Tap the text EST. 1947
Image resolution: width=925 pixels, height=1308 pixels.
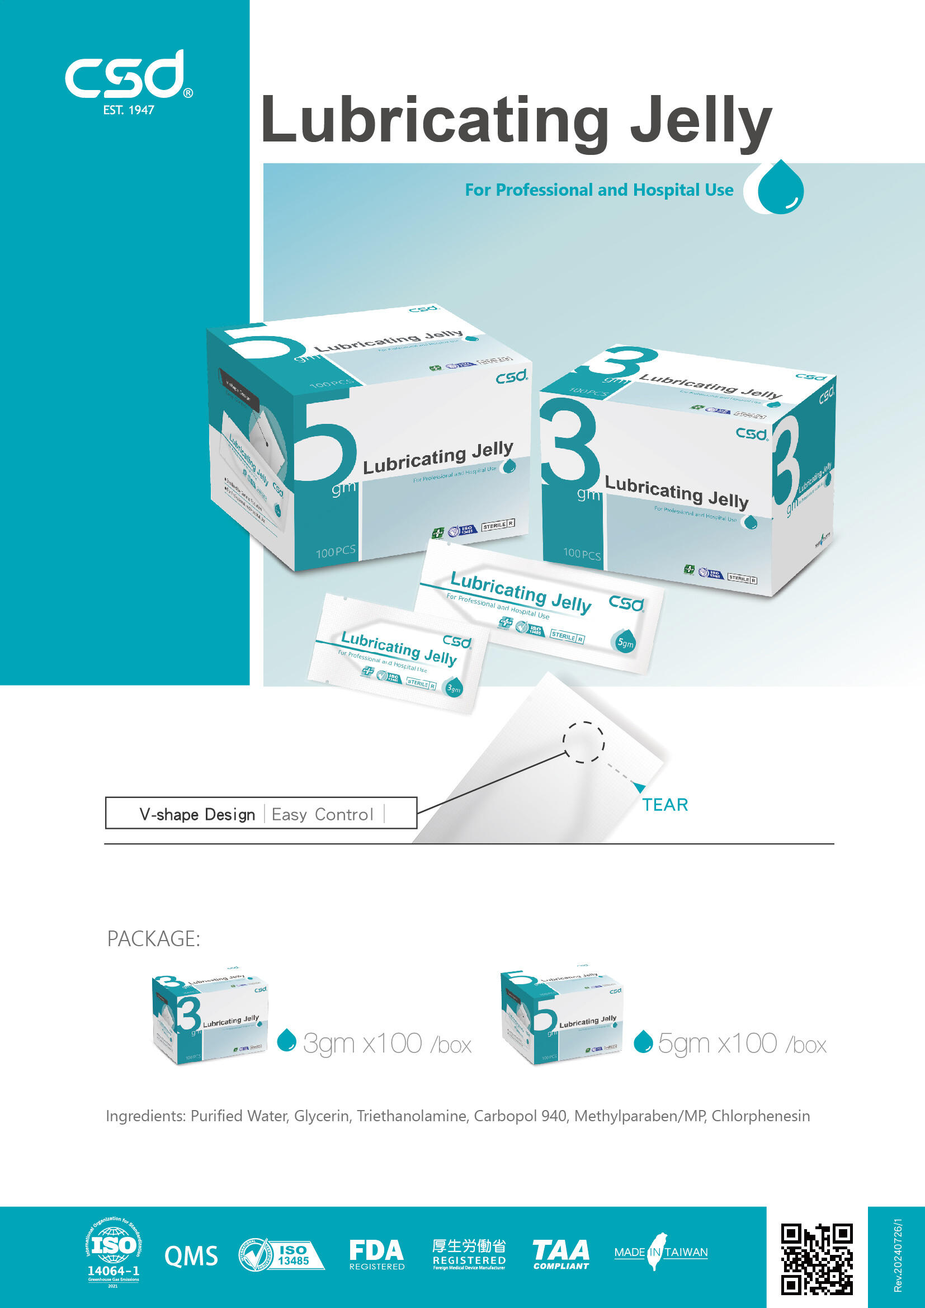129,111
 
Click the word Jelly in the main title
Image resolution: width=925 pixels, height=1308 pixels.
700,121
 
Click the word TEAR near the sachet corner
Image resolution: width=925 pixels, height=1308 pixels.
665,805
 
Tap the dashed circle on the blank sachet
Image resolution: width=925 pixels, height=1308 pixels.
583,742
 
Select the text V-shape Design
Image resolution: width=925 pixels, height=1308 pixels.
197,815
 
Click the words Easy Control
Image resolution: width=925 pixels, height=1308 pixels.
322,815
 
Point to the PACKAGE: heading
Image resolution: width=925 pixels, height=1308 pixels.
154,939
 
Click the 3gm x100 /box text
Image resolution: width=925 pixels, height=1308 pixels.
388,1043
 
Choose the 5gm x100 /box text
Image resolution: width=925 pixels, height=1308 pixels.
742,1043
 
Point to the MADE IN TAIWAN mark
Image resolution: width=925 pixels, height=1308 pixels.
660,1252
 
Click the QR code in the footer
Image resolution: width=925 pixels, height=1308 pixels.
816,1258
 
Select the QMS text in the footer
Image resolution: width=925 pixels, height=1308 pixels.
191,1256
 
